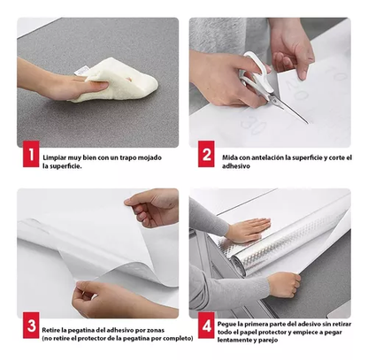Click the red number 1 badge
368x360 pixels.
coord(31,154)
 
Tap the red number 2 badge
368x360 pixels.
coord(206,154)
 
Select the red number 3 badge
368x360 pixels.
coord(31,326)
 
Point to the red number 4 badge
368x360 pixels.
coord(206,326)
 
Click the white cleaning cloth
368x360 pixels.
coord(118,80)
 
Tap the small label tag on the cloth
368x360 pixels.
coord(81,71)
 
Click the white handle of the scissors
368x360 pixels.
coord(255,73)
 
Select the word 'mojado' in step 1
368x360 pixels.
coord(150,157)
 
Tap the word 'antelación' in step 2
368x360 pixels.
coord(267,157)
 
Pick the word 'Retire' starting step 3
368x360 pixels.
coord(49,330)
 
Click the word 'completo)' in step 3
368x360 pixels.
coord(180,339)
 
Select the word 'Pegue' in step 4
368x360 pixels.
coord(226,324)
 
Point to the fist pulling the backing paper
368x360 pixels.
coord(284,285)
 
